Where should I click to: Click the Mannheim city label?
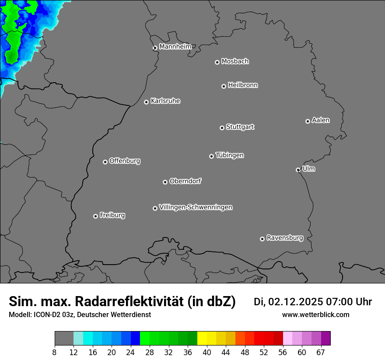tap(175, 47)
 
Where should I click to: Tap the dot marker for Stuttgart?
tap(222, 128)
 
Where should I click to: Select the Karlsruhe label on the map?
tap(165, 101)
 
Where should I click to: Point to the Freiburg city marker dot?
tap(95, 216)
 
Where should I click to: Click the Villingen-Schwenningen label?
tap(196, 207)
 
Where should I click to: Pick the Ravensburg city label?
tap(285, 238)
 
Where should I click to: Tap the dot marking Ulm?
tap(298, 170)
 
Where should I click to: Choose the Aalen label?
tap(321, 120)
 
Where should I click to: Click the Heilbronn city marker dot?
tap(224, 86)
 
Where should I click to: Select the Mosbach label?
tap(235, 62)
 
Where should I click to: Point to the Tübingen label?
tap(230, 155)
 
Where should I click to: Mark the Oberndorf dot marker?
tap(165, 182)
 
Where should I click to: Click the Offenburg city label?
tap(125, 161)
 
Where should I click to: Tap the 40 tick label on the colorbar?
tap(207, 353)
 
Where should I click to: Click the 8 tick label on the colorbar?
tap(55, 353)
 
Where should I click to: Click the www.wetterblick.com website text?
tap(315, 315)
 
